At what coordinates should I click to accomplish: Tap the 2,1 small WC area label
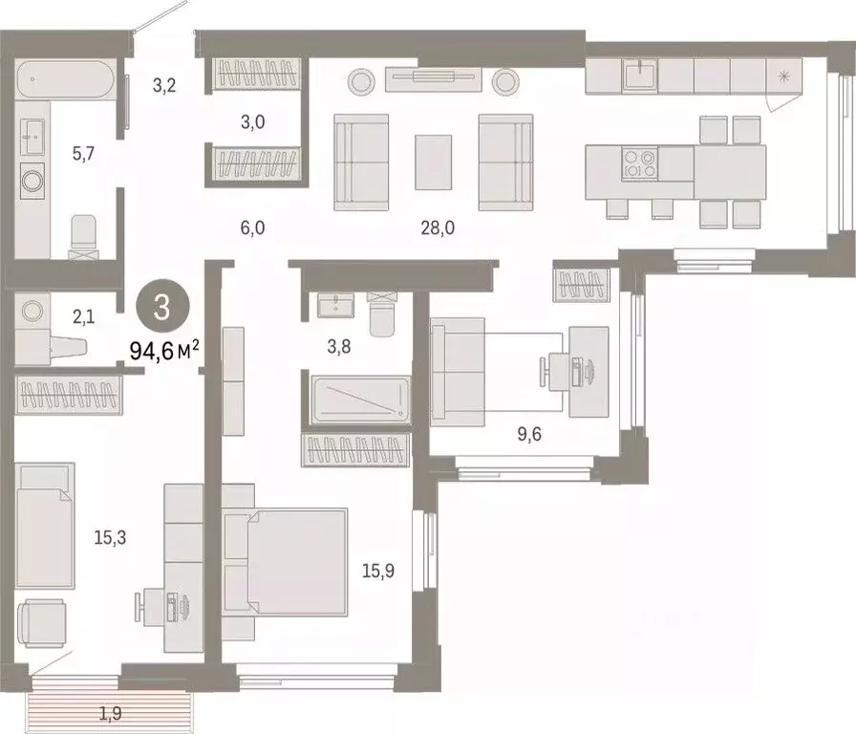point(83,316)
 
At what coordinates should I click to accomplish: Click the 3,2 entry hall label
point(164,84)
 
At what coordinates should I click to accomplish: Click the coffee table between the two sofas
point(433,162)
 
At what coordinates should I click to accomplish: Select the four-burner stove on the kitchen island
point(638,163)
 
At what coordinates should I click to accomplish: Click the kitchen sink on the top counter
point(637,74)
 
